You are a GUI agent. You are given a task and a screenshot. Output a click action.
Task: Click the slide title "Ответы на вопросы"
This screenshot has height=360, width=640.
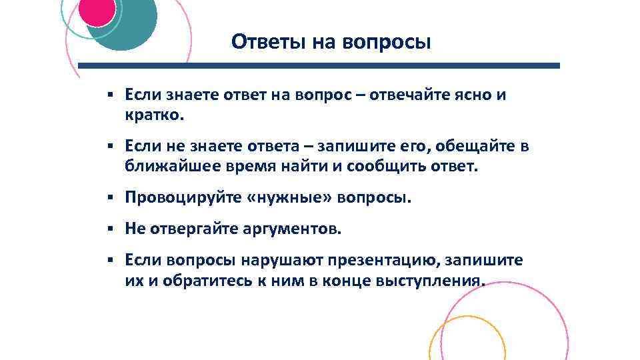pos(331,42)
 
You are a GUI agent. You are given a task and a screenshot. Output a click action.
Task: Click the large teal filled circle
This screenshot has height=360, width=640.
pos(133,30)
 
